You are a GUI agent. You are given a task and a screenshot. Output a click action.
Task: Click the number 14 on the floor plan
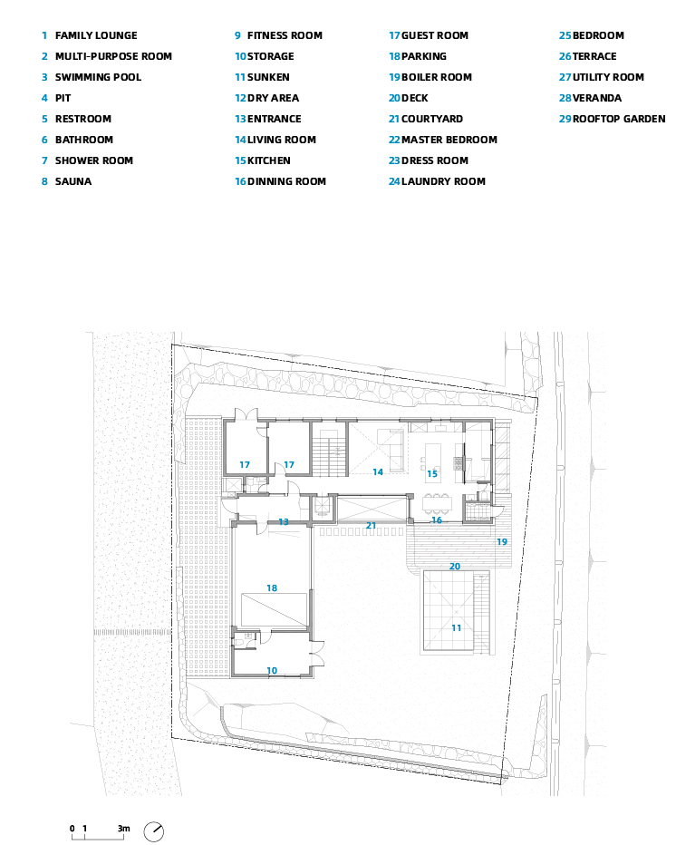[378, 472]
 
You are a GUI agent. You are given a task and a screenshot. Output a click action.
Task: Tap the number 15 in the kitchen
[432, 473]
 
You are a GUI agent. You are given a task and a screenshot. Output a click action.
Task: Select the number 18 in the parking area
[272, 588]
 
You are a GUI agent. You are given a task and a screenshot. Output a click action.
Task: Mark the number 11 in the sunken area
[456, 627]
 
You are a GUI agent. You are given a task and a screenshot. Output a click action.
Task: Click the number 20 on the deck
[455, 567]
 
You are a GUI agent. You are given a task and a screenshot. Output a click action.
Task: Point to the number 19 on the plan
[502, 541]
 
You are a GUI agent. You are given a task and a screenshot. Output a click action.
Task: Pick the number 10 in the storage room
[272, 670]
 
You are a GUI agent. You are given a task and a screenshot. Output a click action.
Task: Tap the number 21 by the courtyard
[372, 525]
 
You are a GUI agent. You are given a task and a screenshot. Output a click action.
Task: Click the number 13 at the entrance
[284, 521]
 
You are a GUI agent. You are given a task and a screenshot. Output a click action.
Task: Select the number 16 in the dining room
[437, 520]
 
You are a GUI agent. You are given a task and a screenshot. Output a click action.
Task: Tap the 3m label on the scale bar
[124, 829]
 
